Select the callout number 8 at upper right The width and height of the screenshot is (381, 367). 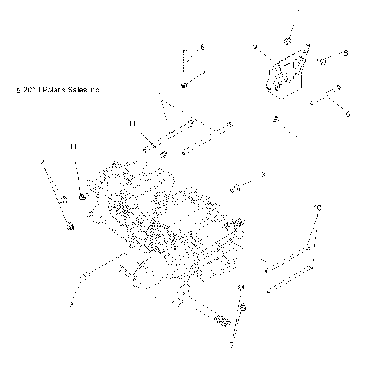(x=346, y=53)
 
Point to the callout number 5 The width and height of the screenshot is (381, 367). (x=202, y=49)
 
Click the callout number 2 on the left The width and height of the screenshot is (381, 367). (x=41, y=162)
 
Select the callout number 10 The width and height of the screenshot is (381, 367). (x=318, y=208)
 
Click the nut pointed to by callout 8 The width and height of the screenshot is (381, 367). (x=323, y=60)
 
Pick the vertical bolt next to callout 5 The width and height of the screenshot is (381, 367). (x=183, y=59)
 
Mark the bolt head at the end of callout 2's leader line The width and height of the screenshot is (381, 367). (x=69, y=227)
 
